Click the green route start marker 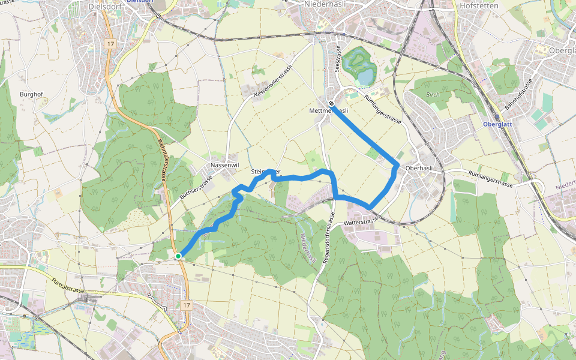tap(178, 257)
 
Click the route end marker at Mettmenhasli tap(331, 103)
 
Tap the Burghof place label tap(31, 94)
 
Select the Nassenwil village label tap(225, 165)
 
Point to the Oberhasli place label tap(419, 169)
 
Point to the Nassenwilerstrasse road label tap(272, 82)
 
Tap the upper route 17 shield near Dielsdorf tap(110, 44)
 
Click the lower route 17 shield tap(187, 305)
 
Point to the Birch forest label tap(433, 95)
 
